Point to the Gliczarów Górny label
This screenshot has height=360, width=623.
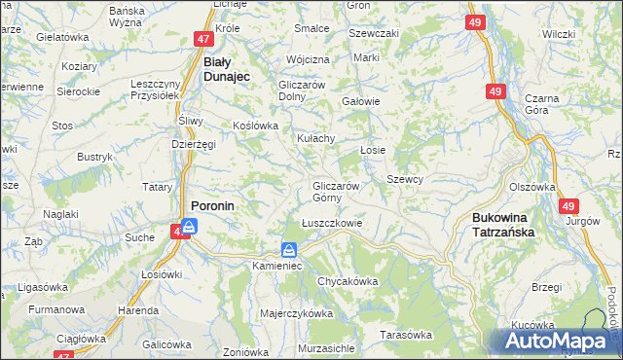337,192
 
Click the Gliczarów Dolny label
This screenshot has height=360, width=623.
308,90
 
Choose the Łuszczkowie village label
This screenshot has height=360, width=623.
332,222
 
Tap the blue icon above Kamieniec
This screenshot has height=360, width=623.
290,249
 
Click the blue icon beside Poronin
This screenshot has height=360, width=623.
190,226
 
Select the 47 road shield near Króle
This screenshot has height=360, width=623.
202,39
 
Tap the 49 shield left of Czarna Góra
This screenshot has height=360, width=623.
496,91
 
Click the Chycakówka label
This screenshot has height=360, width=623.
347,281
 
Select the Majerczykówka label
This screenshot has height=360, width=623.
297,314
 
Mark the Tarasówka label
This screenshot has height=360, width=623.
406,335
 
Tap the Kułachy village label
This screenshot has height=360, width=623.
315,139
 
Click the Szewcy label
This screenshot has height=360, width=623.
405,179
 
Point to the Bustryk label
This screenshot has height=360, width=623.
95,156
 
